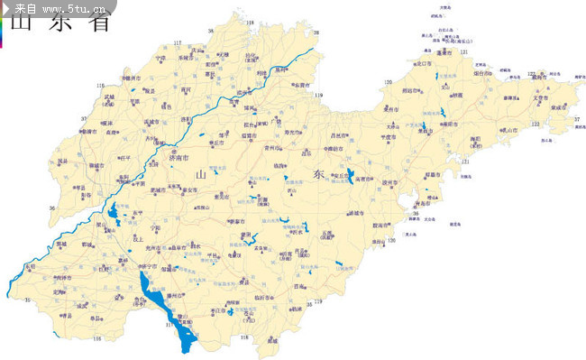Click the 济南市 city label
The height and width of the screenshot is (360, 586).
(179, 158)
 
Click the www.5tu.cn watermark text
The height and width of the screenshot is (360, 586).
(68, 7)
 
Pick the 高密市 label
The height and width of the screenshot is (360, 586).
(366, 180)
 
